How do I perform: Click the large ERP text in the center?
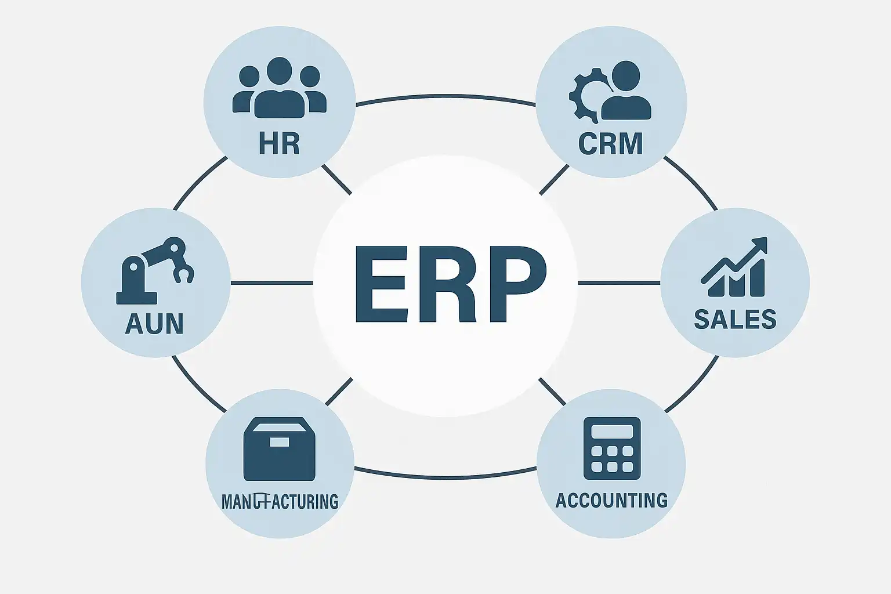[450, 284]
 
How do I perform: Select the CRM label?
[611, 143]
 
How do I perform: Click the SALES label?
[735, 319]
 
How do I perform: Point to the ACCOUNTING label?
[611, 499]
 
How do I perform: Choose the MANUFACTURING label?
[280, 500]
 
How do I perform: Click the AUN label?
[154, 323]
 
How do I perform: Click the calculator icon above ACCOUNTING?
[611, 448]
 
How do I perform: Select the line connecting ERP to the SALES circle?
[619, 282]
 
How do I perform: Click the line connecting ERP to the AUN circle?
[271, 282]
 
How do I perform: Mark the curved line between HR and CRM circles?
[445, 96]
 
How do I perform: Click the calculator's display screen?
[611, 431]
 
